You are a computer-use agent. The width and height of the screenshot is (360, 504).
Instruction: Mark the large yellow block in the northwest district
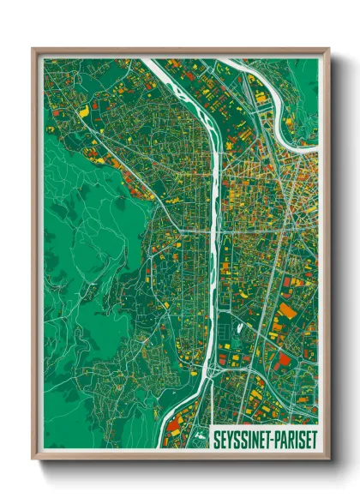click(x=83, y=110)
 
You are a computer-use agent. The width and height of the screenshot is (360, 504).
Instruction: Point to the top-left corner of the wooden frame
click(x=34, y=51)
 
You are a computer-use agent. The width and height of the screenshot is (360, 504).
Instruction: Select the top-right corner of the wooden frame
click(x=327, y=51)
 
